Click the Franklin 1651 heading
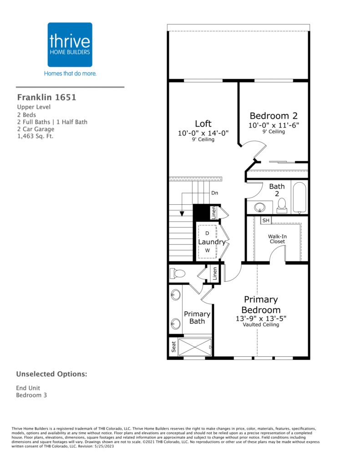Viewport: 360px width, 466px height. pos(47,97)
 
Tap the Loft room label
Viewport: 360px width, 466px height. pos(203,124)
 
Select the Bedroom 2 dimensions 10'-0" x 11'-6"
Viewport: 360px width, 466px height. pos(274,125)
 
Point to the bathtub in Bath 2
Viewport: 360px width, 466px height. pos(299,198)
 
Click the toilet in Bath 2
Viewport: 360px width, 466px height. pos(282,205)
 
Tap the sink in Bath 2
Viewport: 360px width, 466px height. pos(260,207)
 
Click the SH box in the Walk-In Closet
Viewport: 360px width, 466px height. pos(266,220)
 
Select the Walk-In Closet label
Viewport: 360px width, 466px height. pos(277,239)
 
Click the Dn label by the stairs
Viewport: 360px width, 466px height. pos(215,193)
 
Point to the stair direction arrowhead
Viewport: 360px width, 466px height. pos(182,213)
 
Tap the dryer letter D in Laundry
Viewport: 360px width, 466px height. pos(207,233)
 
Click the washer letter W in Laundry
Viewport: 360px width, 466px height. pos(208,250)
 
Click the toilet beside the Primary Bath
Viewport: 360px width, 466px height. pos(177,273)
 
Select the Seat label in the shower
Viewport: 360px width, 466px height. pos(173,346)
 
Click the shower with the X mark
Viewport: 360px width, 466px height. pos(195,347)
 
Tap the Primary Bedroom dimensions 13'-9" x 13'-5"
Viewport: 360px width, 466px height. pos(261,318)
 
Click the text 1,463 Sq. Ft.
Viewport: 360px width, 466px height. pos(35,137)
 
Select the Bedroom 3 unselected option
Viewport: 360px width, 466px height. pos(31,395)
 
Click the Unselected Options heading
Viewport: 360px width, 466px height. pos(52,374)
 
